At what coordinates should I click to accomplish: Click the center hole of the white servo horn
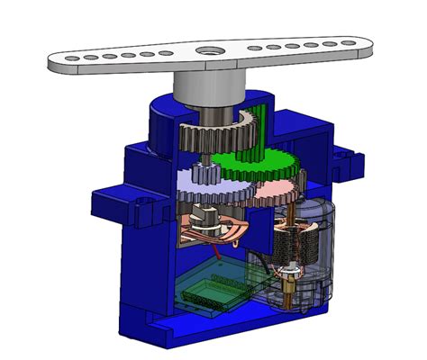[x=209, y=53]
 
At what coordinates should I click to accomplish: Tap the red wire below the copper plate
[x=204, y=247]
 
